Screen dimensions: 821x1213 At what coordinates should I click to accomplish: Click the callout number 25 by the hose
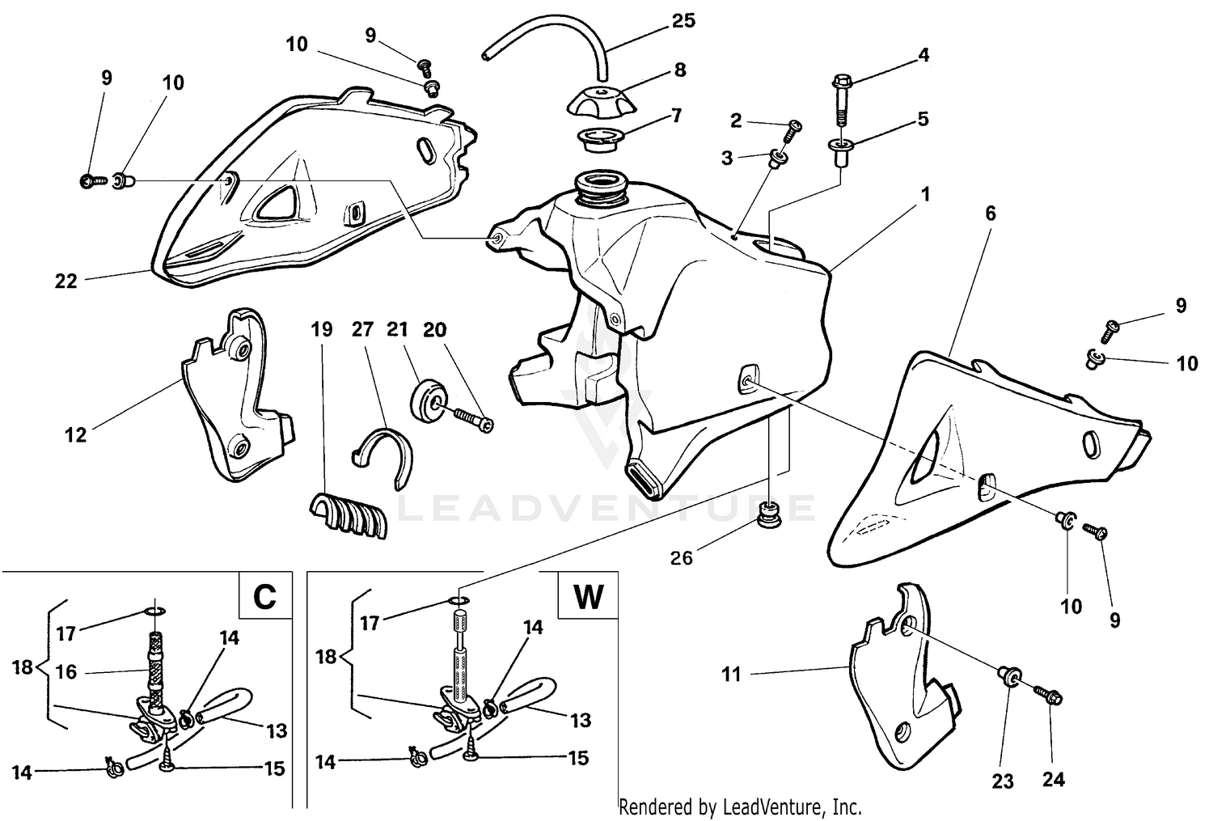(x=683, y=20)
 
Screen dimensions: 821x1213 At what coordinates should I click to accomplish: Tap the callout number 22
(x=66, y=281)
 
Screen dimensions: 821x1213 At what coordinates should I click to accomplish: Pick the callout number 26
(x=682, y=557)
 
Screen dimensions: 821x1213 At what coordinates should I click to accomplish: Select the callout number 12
(x=75, y=435)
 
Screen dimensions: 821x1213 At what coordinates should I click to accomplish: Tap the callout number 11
(x=731, y=674)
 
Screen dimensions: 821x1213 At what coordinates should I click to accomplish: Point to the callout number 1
(x=925, y=194)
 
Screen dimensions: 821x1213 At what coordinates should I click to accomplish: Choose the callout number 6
(x=991, y=214)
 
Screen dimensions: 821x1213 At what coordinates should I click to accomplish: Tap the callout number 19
(x=322, y=329)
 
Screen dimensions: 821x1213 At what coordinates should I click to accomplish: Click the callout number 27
(x=362, y=329)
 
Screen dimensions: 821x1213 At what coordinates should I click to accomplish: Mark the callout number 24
(x=1053, y=780)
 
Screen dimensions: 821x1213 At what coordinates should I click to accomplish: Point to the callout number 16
(x=66, y=671)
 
